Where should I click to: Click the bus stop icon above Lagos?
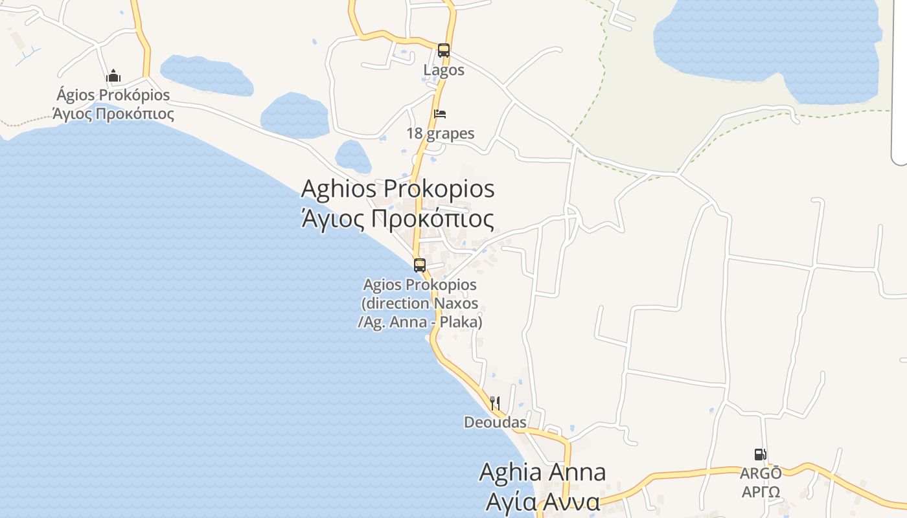click(443, 50)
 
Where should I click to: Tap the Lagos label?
click(444, 70)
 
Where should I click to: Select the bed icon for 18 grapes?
click(440, 114)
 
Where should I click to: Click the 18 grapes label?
click(440, 134)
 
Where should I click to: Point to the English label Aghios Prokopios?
click(398, 189)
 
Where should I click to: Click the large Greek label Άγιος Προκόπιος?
click(398, 219)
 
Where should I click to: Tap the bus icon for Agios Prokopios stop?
click(420, 265)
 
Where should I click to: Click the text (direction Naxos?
click(420, 303)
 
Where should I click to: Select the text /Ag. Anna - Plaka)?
click(420, 321)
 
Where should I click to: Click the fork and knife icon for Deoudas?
click(495, 403)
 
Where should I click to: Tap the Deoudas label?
click(495, 423)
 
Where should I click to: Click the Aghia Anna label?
click(542, 472)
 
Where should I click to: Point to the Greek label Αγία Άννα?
click(542, 502)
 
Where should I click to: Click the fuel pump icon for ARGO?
click(760, 455)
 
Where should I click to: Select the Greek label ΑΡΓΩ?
click(761, 491)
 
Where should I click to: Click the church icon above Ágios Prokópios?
click(113, 76)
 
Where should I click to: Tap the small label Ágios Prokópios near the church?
click(113, 95)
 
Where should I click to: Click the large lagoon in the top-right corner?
click(764, 42)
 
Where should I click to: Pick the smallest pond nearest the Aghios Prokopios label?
click(352, 156)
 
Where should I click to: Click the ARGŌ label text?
click(761, 473)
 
